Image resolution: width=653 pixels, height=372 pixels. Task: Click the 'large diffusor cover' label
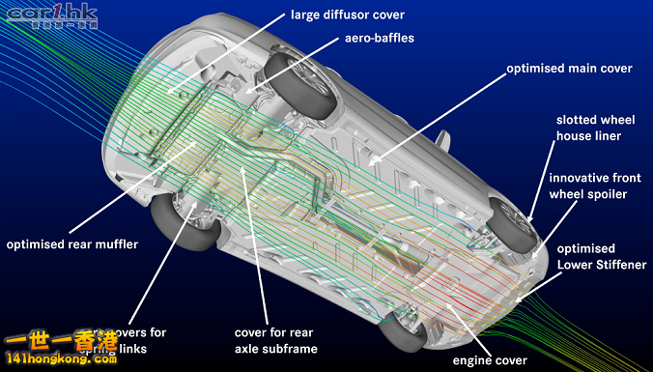pyautogui.click(x=347, y=14)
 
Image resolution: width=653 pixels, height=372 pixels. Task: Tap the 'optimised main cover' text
pyautogui.click(x=570, y=69)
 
